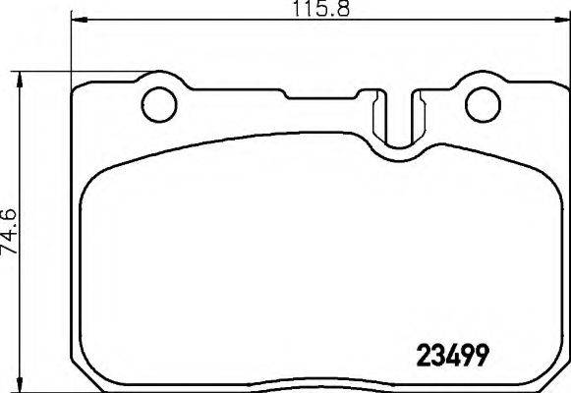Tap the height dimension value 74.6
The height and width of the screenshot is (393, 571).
pos(12,232)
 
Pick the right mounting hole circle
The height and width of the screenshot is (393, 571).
pos(482,103)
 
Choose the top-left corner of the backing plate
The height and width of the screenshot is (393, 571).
pos(79,88)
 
